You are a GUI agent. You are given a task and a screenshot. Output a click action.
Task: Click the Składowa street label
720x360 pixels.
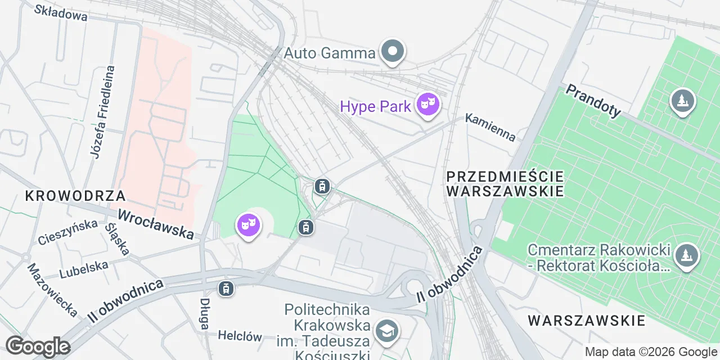coord(61,12)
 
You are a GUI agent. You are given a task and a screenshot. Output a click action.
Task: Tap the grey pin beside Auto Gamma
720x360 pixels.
coord(393,52)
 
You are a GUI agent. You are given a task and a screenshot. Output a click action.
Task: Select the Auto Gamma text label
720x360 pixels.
coord(329,53)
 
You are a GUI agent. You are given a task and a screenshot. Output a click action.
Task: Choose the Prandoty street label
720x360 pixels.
coord(593,101)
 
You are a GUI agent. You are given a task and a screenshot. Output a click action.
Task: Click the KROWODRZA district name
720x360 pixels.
coord(75,196)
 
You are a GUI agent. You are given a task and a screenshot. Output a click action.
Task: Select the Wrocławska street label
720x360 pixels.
coord(156,224)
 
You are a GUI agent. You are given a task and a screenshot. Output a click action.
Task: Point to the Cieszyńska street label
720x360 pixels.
coord(68,232)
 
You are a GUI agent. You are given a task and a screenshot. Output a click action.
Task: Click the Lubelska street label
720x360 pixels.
coord(83,269)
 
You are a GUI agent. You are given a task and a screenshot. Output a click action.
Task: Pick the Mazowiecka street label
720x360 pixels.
coord(52,290)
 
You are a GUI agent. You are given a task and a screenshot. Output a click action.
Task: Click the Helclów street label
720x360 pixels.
coord(240,336)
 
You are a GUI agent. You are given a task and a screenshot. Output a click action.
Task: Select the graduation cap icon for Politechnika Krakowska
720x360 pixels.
coord(386,331)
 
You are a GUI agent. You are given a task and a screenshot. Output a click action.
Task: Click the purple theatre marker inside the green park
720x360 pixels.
coord(247,226)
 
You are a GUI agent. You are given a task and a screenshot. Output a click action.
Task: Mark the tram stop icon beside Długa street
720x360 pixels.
coord(226,289)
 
